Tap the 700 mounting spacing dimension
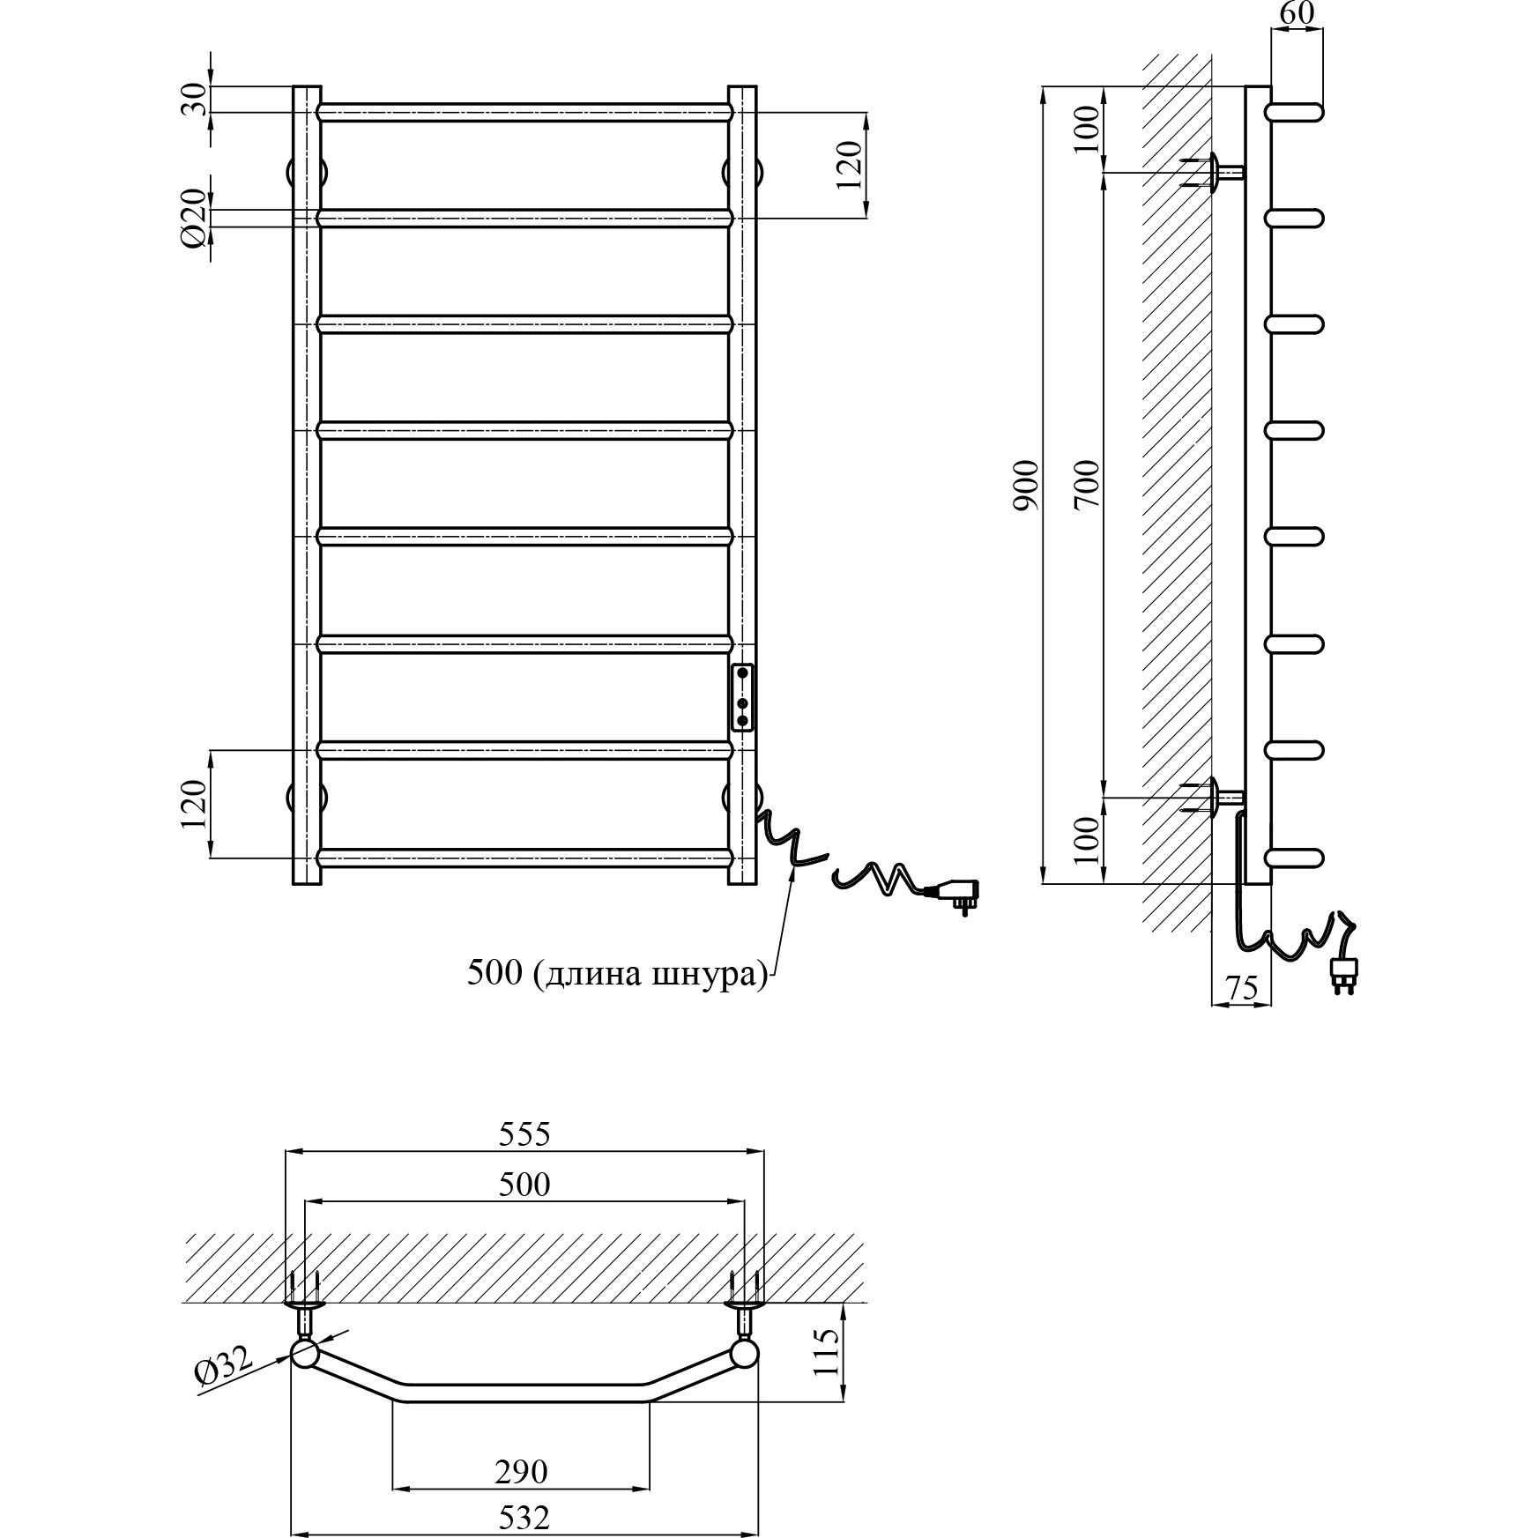point(1088,484)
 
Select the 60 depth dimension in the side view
point(1296,13)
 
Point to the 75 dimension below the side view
point(1241,988)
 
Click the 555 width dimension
point(524,1133)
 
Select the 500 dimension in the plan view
point(524,1184)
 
